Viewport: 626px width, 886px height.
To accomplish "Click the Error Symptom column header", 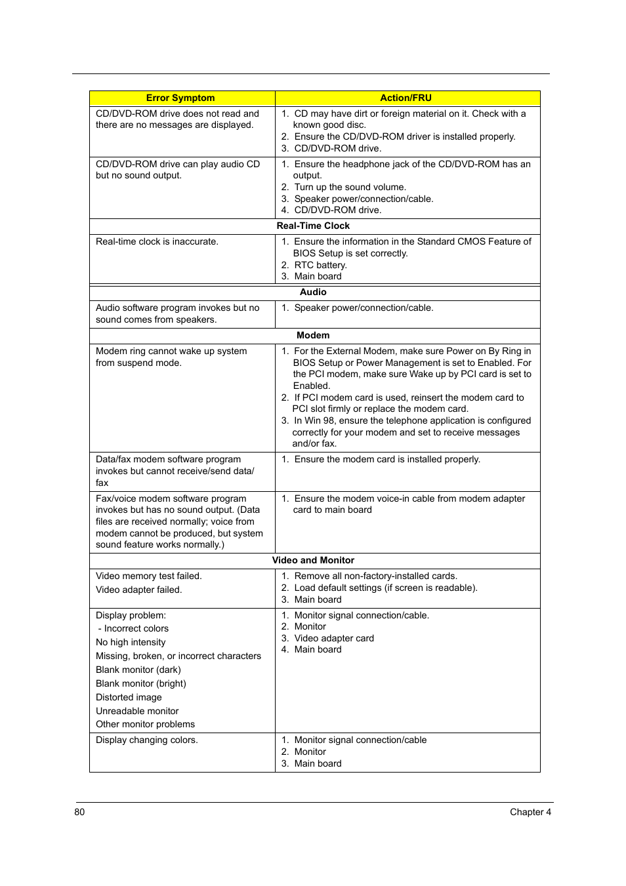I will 180,98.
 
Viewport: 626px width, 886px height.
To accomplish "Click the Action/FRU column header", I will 406,98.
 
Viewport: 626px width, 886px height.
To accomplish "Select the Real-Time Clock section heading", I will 313,226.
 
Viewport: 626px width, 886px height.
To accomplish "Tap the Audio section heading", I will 313,292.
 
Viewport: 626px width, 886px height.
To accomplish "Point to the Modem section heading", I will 313,335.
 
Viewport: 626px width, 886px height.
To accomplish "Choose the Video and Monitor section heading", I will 313,560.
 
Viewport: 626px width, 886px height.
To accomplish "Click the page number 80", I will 79,812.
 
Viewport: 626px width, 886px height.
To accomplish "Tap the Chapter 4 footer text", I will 530,812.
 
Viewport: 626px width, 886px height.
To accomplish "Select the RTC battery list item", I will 320,265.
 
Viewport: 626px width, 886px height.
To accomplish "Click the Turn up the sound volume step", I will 350,187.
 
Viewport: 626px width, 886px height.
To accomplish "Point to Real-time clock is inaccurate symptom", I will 157,241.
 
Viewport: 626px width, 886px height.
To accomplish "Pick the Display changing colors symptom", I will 147,740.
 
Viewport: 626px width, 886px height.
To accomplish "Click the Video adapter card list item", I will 334,638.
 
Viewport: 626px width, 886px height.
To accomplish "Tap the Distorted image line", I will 129,697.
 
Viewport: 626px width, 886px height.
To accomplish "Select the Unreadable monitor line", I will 137,711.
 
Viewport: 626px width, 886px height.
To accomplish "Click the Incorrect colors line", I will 136,628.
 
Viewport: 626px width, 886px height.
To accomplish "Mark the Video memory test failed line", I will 149,576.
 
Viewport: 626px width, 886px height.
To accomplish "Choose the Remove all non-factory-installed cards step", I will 375,576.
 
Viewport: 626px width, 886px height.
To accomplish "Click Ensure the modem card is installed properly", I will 387,459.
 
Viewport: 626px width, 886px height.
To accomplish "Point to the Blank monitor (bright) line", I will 141,683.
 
